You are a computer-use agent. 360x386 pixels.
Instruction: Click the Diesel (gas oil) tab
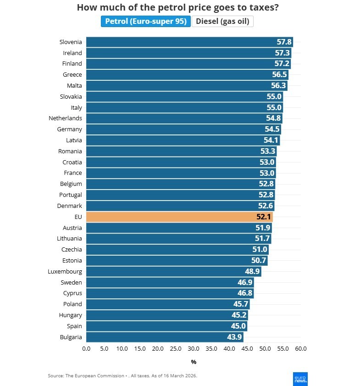point(222,21)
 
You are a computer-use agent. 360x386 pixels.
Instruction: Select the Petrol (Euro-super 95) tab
point(145,21)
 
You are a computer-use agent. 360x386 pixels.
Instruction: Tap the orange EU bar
point(179,217)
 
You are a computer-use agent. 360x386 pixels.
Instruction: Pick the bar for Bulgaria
point(165,337)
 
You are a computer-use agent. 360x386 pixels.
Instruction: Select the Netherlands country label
point(65,118)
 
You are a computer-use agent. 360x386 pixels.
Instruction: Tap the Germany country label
point(69,129)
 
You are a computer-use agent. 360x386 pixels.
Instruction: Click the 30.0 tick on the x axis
point(194,349)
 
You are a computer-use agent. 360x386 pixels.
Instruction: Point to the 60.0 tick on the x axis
point(300,349)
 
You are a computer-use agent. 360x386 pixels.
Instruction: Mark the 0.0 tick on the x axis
point(86,349)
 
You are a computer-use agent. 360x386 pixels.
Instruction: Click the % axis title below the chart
point(194,362)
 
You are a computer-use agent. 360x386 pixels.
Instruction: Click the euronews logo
point(300,378)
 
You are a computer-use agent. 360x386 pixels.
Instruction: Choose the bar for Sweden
point(170,282)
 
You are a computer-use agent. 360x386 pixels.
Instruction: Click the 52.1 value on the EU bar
point(264,217)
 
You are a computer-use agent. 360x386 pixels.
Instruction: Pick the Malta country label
point(72,85)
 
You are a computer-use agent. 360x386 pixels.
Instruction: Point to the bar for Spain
point(166,326)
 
